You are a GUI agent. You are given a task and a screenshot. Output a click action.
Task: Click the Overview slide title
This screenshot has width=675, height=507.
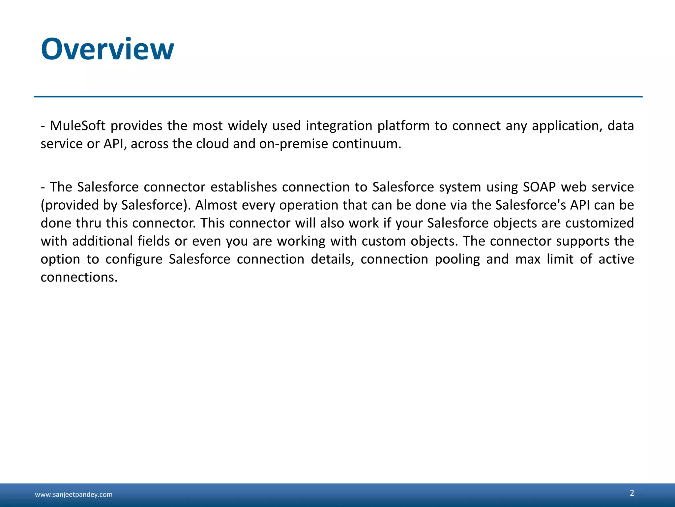tap(107, 50)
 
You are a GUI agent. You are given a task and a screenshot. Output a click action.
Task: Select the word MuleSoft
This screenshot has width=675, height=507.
tap(77, 126)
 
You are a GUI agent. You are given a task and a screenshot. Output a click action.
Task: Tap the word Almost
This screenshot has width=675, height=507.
tap(216, 205)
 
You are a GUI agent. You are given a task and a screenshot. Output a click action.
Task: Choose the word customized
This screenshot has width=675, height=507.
tap(600, 223)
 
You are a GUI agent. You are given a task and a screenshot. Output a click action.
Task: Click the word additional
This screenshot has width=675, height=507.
tap(102, 241)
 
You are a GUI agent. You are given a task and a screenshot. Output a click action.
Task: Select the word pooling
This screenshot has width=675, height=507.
tap(457, 259)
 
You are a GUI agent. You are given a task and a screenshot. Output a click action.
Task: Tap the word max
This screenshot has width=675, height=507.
tap(528, 259)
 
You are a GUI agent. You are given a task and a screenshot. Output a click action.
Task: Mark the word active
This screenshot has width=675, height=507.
tap(616, 259)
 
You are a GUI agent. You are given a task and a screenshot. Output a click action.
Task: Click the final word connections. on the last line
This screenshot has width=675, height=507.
tap(79, 277)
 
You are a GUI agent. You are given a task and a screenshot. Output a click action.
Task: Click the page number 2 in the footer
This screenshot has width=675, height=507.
tap(632, 493)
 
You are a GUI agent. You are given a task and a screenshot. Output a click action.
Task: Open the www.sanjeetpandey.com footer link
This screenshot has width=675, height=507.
tap(73, 494)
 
